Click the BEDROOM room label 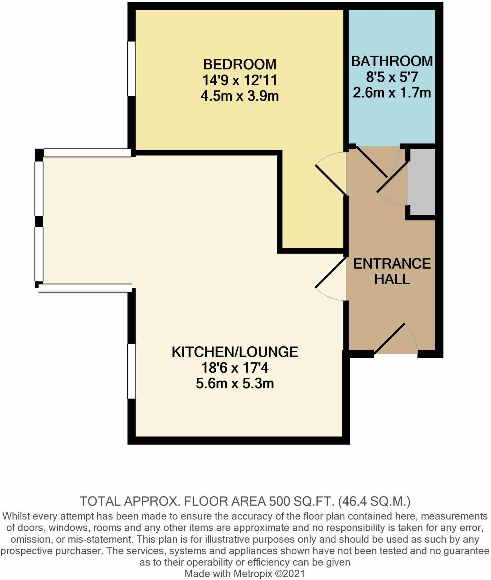[240, 64]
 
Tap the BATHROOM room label [392, 61]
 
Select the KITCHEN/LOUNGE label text [235, 352]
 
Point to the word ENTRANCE [392, 264]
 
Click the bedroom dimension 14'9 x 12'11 [240, 80]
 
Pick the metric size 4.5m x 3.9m [240, 96]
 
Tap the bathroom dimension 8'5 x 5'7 [392, 77]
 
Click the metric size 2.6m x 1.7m [392, 93]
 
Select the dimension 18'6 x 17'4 [235, 368]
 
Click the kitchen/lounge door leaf [331, 272]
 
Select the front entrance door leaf [390, 338]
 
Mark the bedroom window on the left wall [132, 69]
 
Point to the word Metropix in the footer [252, 573]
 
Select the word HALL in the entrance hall [392, 279]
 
